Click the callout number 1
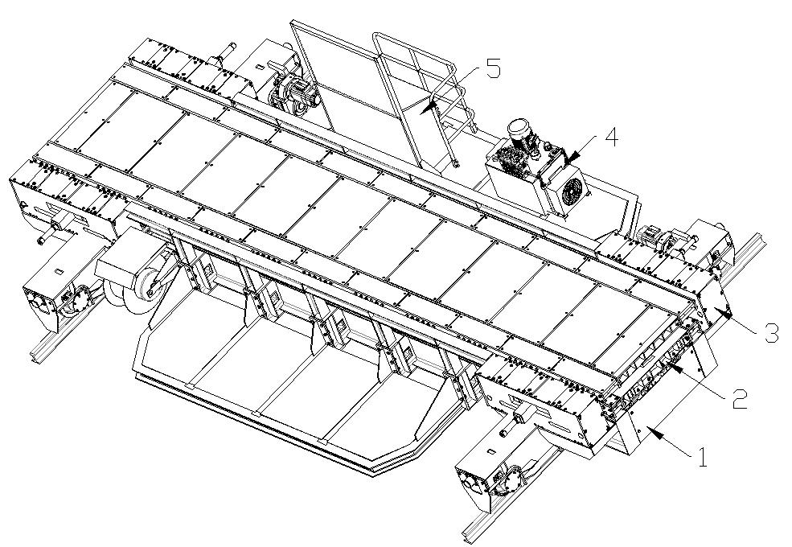point(701,459)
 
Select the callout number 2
point(737,397)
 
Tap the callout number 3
point(769,332)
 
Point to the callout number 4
point(611,138)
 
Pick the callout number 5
point(493,69)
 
